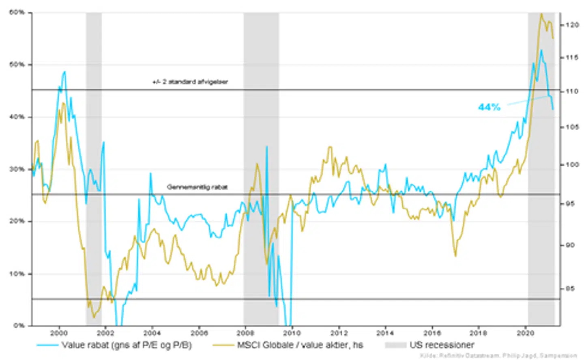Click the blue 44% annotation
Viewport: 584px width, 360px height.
click(489, 107)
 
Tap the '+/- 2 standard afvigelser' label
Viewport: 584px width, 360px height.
click(190, 82)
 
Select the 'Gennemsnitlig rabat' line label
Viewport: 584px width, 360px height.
click(197, 187)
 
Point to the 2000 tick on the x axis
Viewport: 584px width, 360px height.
click(59, 333)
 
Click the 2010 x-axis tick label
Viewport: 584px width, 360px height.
click(292, 333)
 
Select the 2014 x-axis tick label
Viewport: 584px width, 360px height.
click(385, 333)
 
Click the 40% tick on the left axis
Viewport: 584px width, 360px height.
click(17, 117)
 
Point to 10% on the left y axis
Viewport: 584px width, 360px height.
click(17, 274)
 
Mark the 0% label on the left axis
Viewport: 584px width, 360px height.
click(19, 326)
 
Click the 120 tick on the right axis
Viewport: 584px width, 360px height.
click(572, 25)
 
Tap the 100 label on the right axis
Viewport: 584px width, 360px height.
click(572, 165)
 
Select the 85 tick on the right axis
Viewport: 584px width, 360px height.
click(570, 289)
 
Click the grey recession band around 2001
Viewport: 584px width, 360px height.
click(94, 162)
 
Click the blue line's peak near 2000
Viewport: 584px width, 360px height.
click(64, 72)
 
